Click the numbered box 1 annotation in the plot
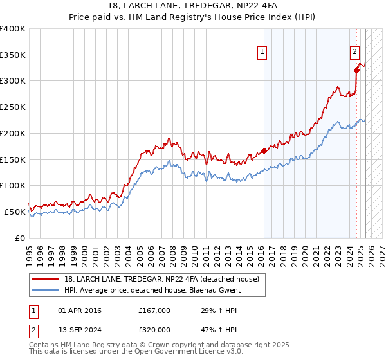[263, 53]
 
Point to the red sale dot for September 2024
[356, 70]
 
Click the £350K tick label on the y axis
[13, 55]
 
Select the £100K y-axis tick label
[13, 185]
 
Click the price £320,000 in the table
[154, 330]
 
